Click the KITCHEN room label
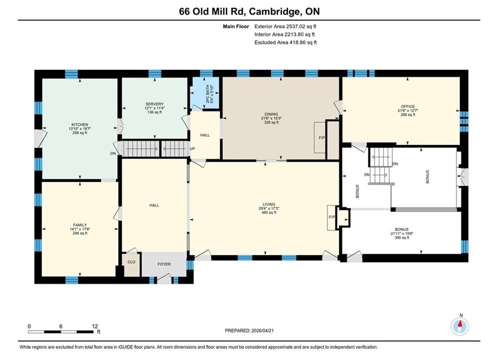[x=80, y=124]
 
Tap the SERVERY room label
[x=154, y=104]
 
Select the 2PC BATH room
[x=206, y=93]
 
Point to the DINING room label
[x=271, y=114]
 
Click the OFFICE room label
[x=408, y=106]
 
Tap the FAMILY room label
[x=80, y=225]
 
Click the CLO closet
[x=131, y=264]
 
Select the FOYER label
[x=164, y=264]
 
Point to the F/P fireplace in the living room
[x=332, y=217]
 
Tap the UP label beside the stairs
[x=192, y=149]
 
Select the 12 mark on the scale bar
[x=95, y=326]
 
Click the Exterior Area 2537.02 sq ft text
[x=285, y=26]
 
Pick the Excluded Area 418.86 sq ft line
[x=285, y=42]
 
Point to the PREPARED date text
[x=249, y=330]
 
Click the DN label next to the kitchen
[x=113, y=153]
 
